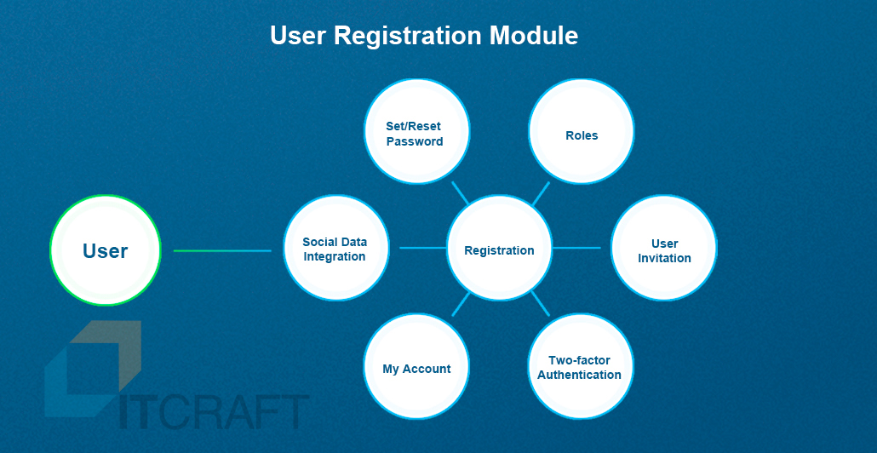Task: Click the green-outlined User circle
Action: (x=105, y=250)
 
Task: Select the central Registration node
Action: (x=500, y=248)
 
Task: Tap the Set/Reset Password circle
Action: (x=416, y=131)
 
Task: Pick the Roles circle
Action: (x=582, y=131)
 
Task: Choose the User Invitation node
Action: (x=664, y=248)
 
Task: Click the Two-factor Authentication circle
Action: (x=582, y=366)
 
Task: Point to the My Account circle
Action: (x=416, y=366)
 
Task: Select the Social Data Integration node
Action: (x=336, y=248)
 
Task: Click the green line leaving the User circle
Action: (x=222, y=250)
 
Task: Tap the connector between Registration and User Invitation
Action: (x=576, y=247)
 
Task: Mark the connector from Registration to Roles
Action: (x=541, y=193)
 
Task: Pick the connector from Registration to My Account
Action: (x=461, y=304)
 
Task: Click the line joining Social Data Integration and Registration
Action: (x=423, y=247)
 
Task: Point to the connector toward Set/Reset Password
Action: (x=460, y=193)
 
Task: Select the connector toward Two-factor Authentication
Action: (x=541, y=304)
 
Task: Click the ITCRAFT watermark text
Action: (x=215, y=412)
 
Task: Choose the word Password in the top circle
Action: (x=415, y=141)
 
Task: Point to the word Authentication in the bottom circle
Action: (x=580, y=375)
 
